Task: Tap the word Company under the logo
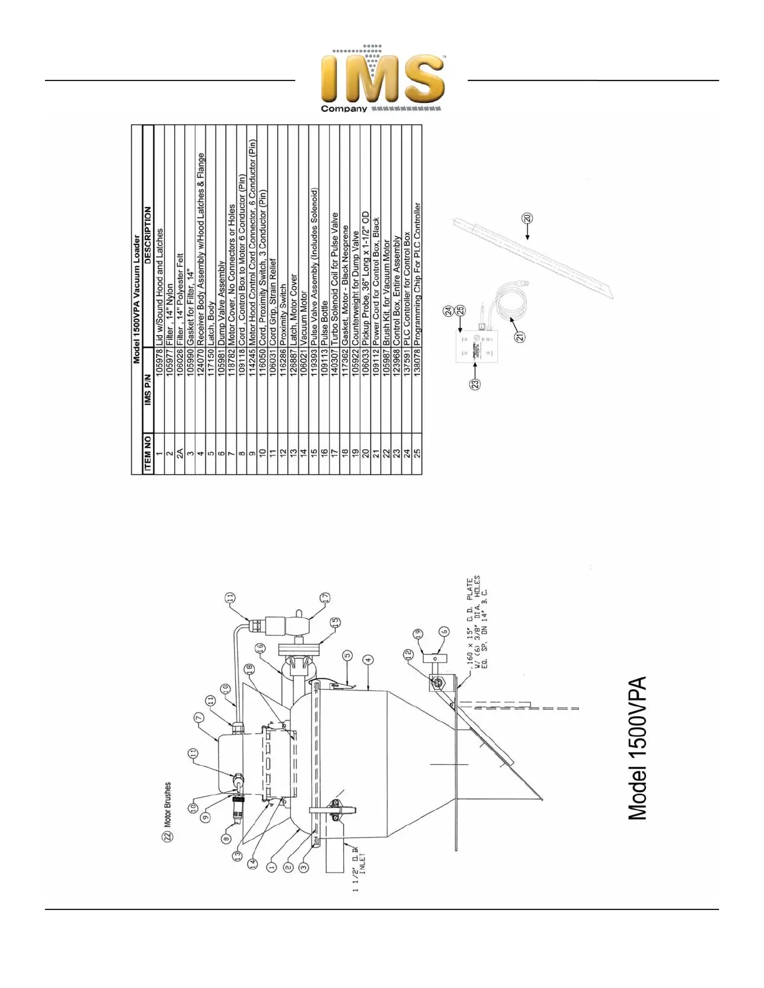(x=344, y=109)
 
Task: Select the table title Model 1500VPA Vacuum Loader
(x=137, y=299)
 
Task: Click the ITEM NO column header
(x=148, y=452)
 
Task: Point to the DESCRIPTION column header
(x=148, y=237)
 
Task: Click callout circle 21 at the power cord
(x=519, y=337)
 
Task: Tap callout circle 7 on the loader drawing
(x=199, y=719)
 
